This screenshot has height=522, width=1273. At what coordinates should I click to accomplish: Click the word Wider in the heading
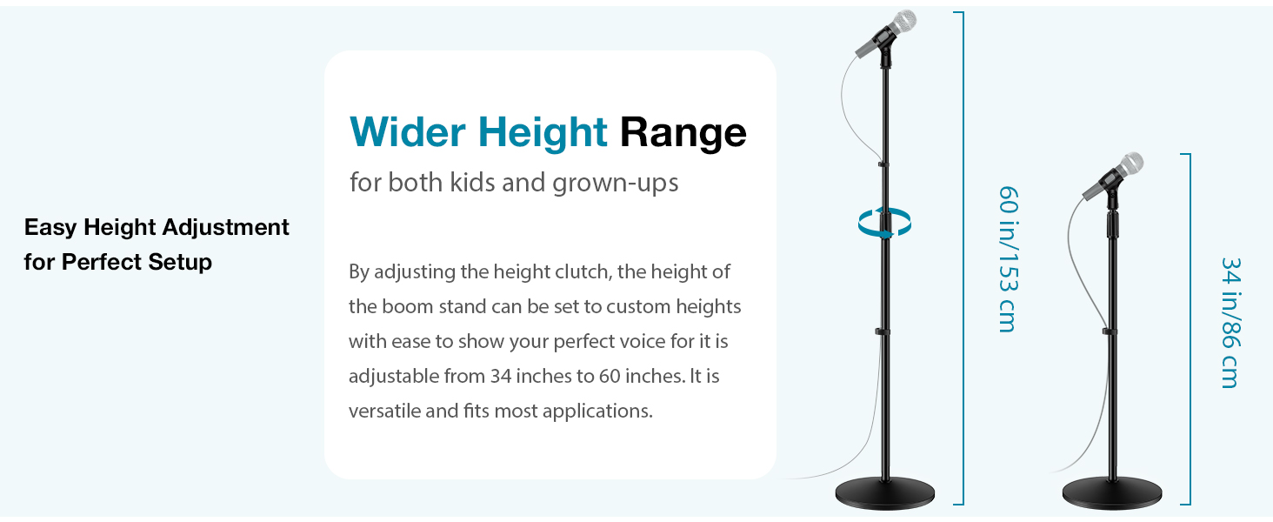pyautogui.click(x=407, y=132)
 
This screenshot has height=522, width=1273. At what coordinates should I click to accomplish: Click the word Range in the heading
pyautogui.click(x=683, y=132)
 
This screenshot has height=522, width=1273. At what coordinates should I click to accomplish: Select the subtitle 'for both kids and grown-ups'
pyautogui.click(x=513, y=184)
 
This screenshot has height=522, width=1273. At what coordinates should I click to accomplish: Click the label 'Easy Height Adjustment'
pyautogui.click(x=157, y=228)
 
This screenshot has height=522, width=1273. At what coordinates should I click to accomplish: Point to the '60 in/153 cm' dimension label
pyautogui.click(x=1007, y=258)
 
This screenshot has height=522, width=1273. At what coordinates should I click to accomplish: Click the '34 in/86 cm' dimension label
pyautogui.click(x=1230, y=322)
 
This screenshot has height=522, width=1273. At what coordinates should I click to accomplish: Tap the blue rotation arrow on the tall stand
pyautogui.click(x=884, y=224)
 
